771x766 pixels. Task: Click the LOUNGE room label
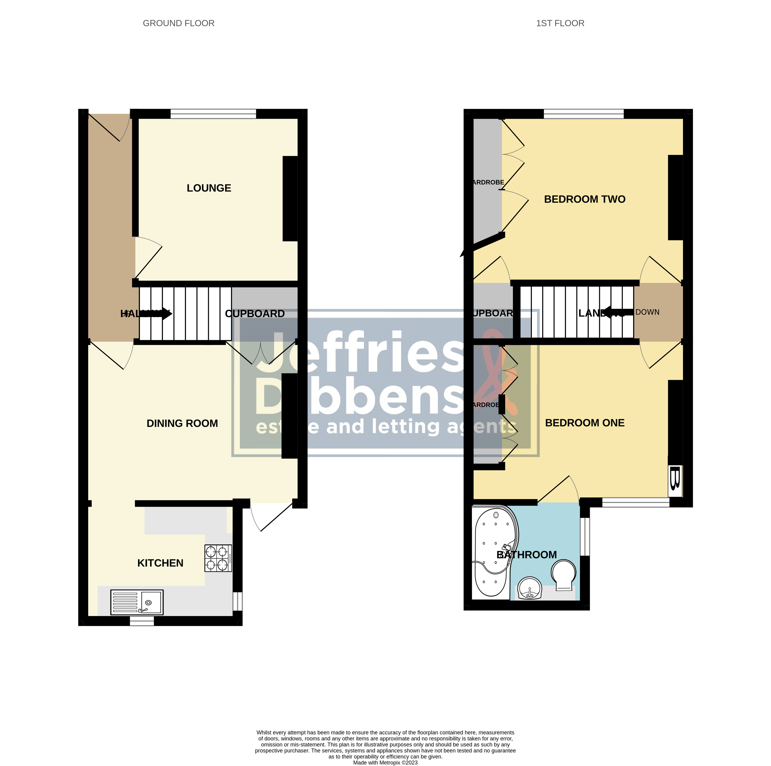point(209,188)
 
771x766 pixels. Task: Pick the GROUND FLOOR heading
point(178,23)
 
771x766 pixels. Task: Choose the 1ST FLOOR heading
point(560,23)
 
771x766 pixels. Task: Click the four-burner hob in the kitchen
point(218,558)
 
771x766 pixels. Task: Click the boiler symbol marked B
point(674,480)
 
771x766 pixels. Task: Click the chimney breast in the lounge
point(290,198)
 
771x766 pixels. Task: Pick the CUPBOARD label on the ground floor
point(255,314)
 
